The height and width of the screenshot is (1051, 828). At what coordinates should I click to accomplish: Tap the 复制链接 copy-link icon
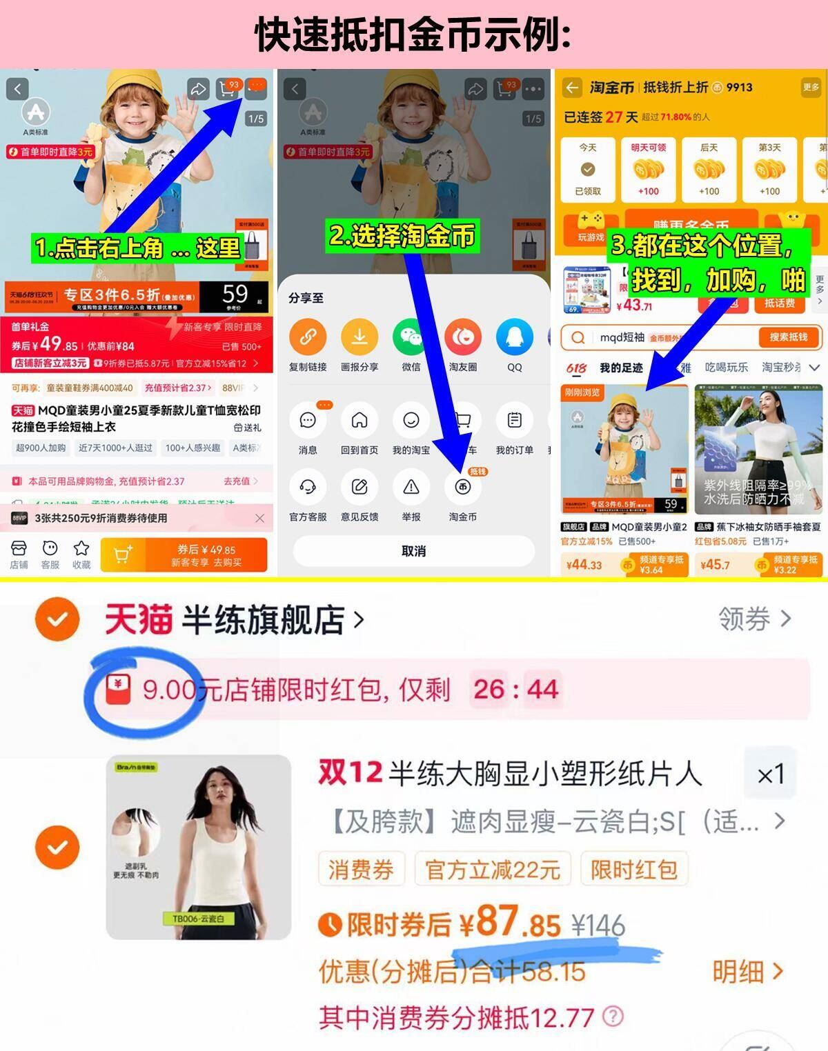308,337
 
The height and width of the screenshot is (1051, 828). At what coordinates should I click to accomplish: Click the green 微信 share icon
411,337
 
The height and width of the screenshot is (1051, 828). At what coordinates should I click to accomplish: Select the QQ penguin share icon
514,337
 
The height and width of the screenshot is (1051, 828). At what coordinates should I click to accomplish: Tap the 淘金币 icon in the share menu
462,487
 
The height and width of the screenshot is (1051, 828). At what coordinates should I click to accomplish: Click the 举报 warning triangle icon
411,487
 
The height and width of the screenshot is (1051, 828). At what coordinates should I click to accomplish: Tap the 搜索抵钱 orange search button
788,337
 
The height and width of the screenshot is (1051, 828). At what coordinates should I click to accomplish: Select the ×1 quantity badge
770,774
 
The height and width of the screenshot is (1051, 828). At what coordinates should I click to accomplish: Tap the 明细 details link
747,972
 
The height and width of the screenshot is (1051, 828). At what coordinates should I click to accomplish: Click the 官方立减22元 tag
492,870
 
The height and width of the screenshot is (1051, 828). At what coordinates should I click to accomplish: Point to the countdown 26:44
515,689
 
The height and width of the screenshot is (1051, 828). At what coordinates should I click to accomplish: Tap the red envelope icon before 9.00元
118,690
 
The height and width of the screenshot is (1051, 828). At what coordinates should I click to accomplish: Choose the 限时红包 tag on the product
633,870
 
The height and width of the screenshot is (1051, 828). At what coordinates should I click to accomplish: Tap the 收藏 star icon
81,549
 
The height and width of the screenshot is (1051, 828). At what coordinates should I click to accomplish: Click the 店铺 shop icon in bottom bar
19,549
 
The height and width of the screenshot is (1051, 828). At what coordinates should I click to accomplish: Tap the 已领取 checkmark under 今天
588,170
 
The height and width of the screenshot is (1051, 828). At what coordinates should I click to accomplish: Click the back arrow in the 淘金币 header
572,88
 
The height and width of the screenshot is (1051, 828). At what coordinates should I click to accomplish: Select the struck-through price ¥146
598,925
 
